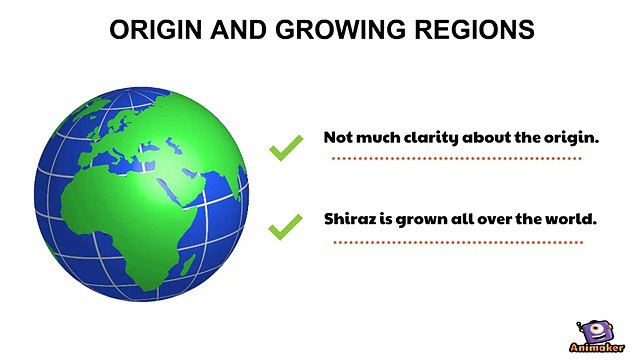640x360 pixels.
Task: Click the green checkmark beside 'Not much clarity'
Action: click(x=286, y=148)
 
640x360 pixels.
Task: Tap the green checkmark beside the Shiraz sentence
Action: click(x=286, y=227)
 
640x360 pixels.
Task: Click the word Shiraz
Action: click(x=346, y=217)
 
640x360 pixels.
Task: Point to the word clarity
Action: click(x=427, y=137)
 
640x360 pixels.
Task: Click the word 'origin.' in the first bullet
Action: click(x=572, y=137)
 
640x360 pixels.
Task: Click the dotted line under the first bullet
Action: click(x=456, y=158)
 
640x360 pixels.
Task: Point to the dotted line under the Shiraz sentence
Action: click(x=456, y=242)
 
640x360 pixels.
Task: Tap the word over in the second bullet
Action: click(x=493, y=217)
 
